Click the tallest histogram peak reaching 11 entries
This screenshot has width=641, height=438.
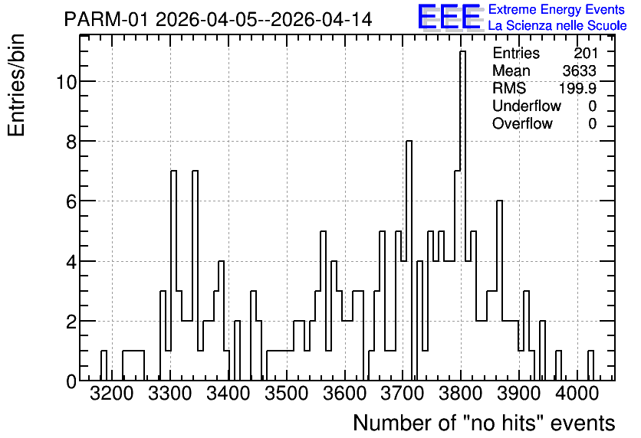463,215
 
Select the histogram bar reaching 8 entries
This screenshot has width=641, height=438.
409,260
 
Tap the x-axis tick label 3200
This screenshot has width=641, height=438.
112,394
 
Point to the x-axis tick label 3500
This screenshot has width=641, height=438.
287,394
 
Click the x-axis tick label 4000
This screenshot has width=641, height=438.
577,394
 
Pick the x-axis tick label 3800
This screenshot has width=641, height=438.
461,394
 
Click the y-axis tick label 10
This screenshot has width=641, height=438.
66,82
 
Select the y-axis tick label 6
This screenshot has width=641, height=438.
71,201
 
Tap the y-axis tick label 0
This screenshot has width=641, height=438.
71,381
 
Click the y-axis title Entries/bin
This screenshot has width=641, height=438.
16,85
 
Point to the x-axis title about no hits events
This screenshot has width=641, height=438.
484,423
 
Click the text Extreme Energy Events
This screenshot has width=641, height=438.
557,9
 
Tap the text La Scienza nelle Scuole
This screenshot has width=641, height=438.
557,25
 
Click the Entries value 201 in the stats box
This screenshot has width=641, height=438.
585,53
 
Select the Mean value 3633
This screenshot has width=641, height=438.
579,70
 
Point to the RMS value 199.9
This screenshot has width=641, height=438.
577,88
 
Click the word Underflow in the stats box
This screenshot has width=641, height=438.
527,106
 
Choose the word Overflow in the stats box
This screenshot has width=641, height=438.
522,123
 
